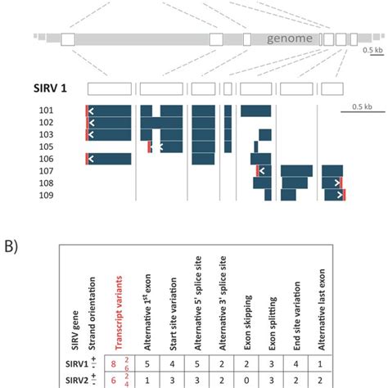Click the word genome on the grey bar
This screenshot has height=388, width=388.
[x=290, y=38]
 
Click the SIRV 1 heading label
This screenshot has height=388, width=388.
[x=50, y=88]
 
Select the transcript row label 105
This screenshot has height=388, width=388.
[x=46, y=147]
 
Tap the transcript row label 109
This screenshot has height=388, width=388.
[x=46, y=196]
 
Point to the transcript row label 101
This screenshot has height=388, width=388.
[x=46, y=111]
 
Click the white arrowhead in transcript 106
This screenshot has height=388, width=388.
[x=91, y=159]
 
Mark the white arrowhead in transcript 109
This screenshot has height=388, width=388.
[x=340, y=195]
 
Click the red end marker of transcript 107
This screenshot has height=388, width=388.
[x=257, y=171]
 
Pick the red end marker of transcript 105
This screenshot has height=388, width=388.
[x=149, y=147]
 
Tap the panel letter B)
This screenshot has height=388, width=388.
[x=11, y=246]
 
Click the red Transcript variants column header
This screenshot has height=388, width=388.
[x=119, y=313]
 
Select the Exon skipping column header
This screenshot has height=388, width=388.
[x=247, y=323]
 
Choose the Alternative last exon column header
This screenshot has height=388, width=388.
[x=322, y=309]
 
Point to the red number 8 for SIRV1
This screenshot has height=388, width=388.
[x=114, y=364]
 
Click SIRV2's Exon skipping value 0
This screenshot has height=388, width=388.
[x=246, y=381]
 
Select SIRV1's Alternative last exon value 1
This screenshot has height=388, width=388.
[x=320, y=364]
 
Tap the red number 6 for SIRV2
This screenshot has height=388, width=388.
[x=114, y=381]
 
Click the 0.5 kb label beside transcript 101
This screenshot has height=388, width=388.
[x=362, y=106]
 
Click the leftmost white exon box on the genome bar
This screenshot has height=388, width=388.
[x=68, y=39]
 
